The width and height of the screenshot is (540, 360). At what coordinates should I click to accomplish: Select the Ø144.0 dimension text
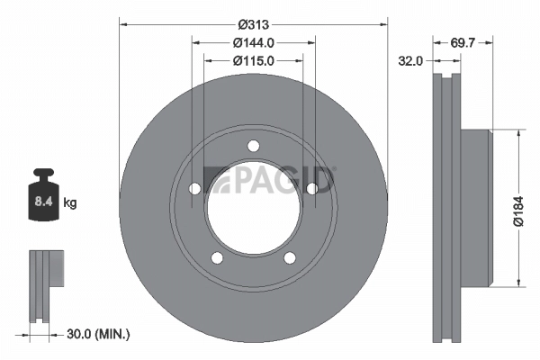click(253, 42)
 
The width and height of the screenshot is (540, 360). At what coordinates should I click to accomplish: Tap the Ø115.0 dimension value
click(253, 61)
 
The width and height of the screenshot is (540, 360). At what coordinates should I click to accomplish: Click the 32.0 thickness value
click(410, 62)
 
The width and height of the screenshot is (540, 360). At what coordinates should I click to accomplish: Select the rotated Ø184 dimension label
click(517, 209)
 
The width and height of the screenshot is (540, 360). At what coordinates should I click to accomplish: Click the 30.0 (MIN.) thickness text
click(99, 334)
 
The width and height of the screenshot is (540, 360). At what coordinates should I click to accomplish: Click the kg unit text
click(70, 203)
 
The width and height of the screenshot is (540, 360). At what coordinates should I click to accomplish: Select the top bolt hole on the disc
click(253, 147)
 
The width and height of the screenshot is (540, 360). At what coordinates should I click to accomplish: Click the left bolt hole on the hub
click(194, 189)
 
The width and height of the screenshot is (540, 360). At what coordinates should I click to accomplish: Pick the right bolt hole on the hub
click(311, 189)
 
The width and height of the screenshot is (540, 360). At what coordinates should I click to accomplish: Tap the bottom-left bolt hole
click(217, 258)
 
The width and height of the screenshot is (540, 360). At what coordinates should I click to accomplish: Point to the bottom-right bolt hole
click(289, 258)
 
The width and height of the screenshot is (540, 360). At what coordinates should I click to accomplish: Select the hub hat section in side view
click(477, 209)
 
